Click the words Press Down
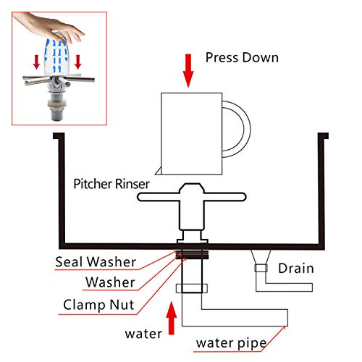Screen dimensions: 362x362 pos(241,57)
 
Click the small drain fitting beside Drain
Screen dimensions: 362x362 pos(259,269)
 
